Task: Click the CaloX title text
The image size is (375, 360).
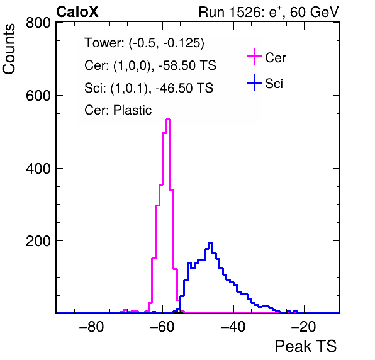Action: click(x=77, y=12)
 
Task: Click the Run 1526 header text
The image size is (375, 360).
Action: click(x=269, y=12)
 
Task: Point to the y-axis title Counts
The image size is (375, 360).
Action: click(x=9, y=49)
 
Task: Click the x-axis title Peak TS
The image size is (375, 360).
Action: click(x=306, y=346)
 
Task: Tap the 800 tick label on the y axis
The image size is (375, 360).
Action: click(x=38, y=23)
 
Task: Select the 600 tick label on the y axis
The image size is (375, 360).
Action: click(x=38, y=96)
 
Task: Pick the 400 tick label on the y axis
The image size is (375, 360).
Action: click(x=38, y=169)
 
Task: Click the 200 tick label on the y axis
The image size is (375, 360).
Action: click(x=38, y=241)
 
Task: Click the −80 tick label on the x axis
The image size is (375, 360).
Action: click(x=92, y=327)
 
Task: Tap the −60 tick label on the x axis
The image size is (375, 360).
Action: click(x=162, y=327)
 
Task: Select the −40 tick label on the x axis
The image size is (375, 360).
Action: click(x=233, y=327)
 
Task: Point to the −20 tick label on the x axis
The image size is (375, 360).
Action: click(x=304, y=327)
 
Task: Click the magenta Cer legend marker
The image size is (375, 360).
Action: click(x=254, y=57)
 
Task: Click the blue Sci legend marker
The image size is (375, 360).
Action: click(x=254, y=82)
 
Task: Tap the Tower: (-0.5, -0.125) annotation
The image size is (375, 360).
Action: click(x=145, y=43)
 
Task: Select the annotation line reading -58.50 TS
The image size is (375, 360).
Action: click(x=150, y=65)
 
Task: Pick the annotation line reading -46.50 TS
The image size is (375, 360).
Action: click(x=148, y=87)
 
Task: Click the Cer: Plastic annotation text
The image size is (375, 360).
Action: click(x=118, y=110)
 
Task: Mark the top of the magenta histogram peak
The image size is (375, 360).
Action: click(x=168, y=119)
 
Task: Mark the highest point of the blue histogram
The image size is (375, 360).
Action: click(x=210, y=244)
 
